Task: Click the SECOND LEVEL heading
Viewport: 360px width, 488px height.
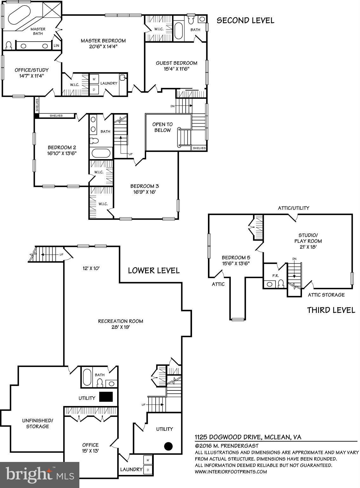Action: pyautogui.click(x=245, y=21)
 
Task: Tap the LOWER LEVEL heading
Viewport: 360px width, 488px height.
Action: pyautogui.click(x=154, y=270)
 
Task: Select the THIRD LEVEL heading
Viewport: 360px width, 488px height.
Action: pyautogui.click(x=331, y=310)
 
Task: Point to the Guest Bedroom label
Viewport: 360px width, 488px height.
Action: pyautogui.click(x=176, y=63)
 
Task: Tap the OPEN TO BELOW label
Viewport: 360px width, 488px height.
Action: pyautogui.click(x=162, y=127)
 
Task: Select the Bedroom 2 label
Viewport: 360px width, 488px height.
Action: pyautogui.click(x=62, y=147)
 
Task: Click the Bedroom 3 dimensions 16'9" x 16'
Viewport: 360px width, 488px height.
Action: pyautogui.click(x=144, y=192)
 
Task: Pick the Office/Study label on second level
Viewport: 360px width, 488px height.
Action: pyautogui.click(x=31, y=70)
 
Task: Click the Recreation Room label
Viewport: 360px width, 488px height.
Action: pyautogui.click(x=120, y=321)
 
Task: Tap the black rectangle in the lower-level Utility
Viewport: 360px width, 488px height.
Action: pyautogui.click(x=106, y=397)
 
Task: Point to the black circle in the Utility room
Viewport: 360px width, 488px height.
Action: pyautogui.click(x=168, y=446)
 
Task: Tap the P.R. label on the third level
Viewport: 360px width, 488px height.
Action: pyautogui.click(x=275, y=276)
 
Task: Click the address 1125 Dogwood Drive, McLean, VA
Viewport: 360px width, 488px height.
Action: pyautogui.click(x=248, y=437)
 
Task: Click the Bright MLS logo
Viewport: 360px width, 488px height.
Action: pyautogui.click(x=40, y=475)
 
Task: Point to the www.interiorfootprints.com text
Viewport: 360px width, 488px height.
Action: pyautogui.click(x=231, y=471)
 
